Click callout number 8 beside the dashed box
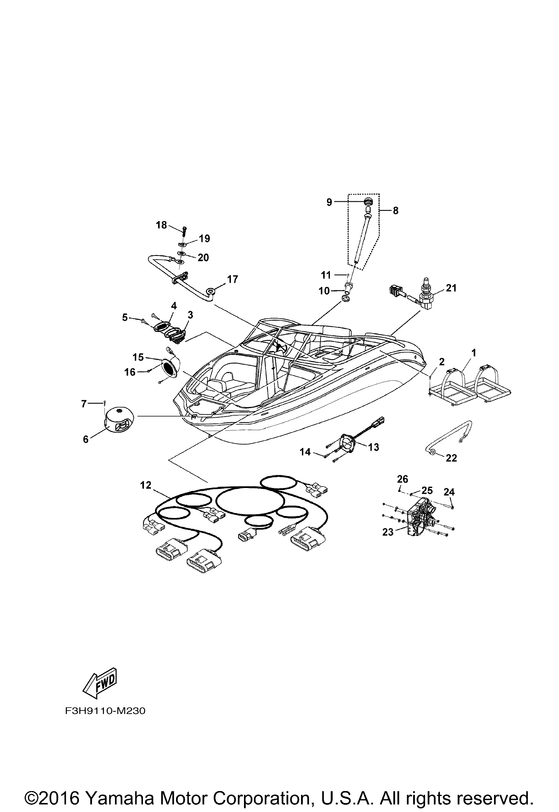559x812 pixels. (x=395, y=211)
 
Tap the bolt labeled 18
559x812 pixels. (x=185, y=231)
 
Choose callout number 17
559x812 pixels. (x=233, y=279)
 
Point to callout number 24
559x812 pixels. (x=449, y=492)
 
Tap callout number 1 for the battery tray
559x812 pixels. (x=474, y=353)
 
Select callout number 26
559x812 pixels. (x=403, y=479)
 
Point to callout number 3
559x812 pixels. (x=190, y=315)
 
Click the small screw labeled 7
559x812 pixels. (x=105, y=403)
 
